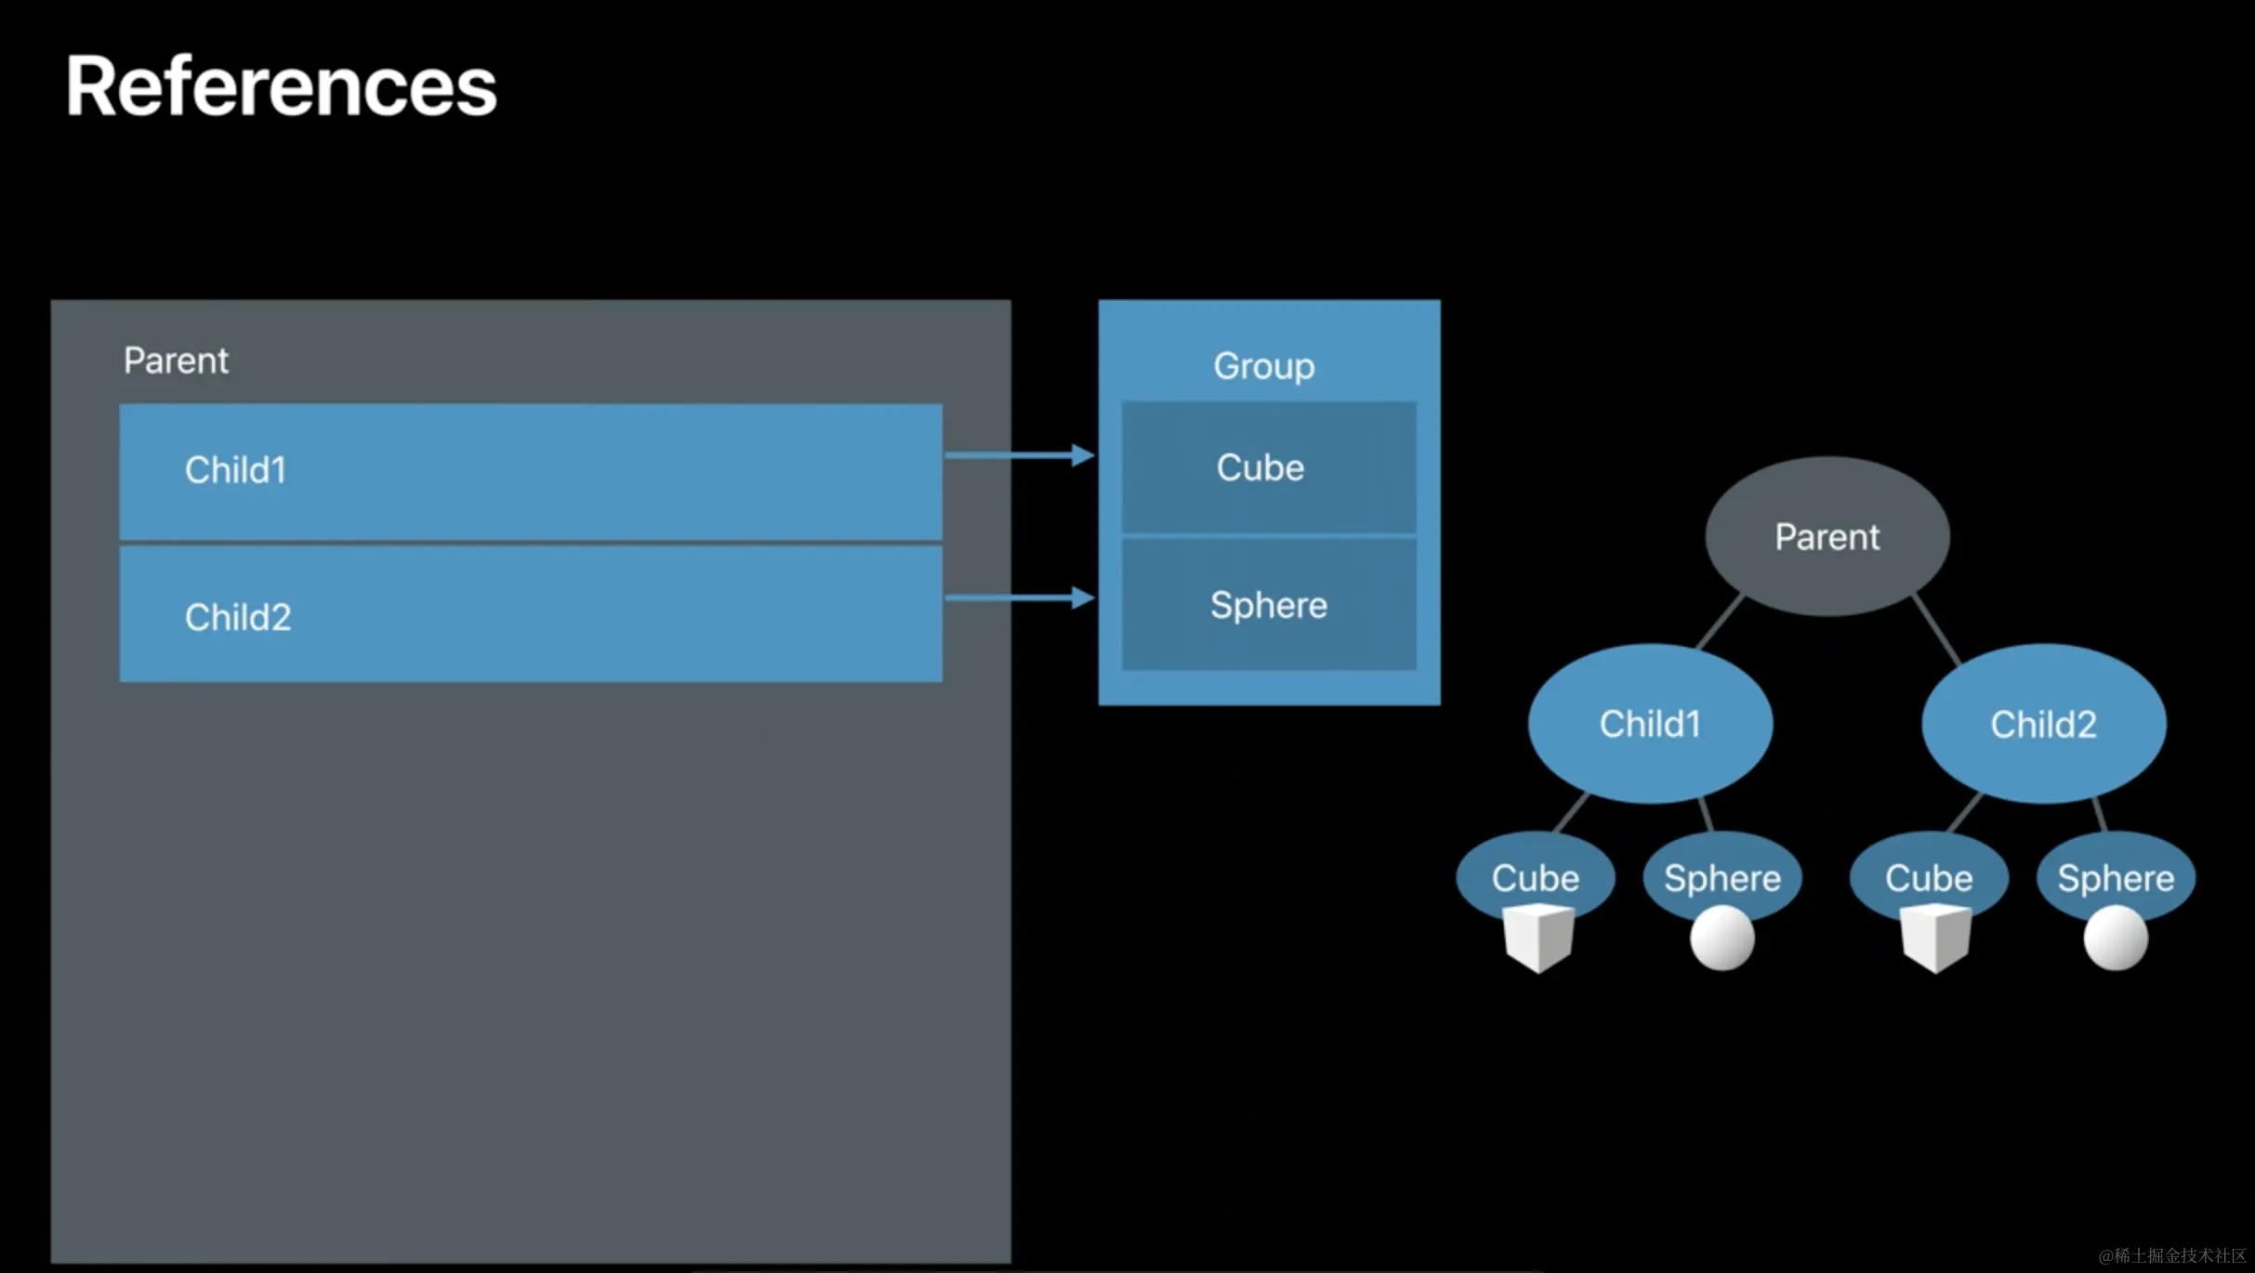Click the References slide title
pos(281,85)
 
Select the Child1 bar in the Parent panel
pos(531,471)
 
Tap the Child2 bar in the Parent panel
pos(531,614)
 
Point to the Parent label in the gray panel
pos(176,361)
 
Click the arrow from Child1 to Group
pos(1020,455)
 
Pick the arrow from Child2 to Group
pos(1020,597)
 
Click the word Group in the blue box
pos(1264,366)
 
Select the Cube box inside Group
pos(1269,467)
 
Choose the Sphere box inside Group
pos(1269,605)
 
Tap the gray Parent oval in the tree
pos(1827,536)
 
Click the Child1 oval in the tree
pos(1650,723)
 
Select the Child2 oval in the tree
pos(2044,723)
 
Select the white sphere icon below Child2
pos(2116,938)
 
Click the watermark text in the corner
pos(2172,1255)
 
